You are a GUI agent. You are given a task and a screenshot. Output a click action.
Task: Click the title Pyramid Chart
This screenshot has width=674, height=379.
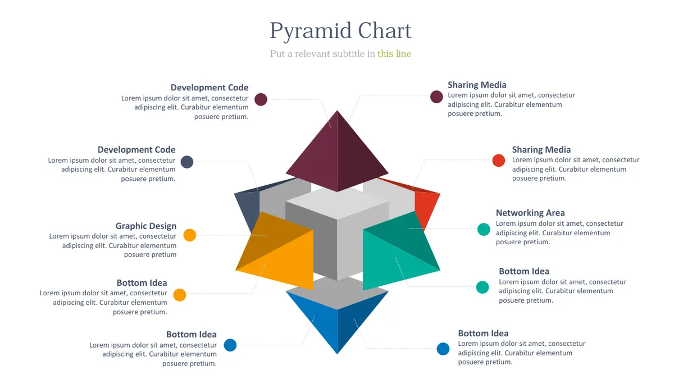340,31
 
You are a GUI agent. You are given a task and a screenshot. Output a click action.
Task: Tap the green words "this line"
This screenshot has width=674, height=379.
394,53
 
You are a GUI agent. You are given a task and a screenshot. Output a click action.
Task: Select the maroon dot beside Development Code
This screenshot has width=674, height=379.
261,99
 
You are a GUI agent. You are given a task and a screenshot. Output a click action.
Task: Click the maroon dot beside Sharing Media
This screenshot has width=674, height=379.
436,97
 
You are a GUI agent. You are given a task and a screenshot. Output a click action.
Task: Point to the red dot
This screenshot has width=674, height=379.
499,161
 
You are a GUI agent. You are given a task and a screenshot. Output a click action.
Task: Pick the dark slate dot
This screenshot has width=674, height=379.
187,162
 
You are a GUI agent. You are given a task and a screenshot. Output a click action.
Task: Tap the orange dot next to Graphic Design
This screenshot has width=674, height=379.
190,235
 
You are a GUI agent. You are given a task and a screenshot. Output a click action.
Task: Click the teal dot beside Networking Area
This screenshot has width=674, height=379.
484,230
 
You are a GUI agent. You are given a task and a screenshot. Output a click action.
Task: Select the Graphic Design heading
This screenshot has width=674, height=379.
146,226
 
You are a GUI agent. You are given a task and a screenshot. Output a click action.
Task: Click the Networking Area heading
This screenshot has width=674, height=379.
530,213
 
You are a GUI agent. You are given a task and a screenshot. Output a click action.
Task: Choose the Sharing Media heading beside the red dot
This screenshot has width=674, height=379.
541,149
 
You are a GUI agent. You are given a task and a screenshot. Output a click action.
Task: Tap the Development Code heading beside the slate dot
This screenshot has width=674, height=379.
136,149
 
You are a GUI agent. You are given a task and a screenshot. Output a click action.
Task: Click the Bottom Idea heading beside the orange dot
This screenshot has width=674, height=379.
142,283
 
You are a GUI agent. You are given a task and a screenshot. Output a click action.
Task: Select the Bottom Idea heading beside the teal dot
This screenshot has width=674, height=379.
524,271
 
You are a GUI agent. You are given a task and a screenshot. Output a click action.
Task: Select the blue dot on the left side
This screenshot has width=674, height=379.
230,345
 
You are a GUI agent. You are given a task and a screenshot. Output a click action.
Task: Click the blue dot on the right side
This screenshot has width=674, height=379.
443,349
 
